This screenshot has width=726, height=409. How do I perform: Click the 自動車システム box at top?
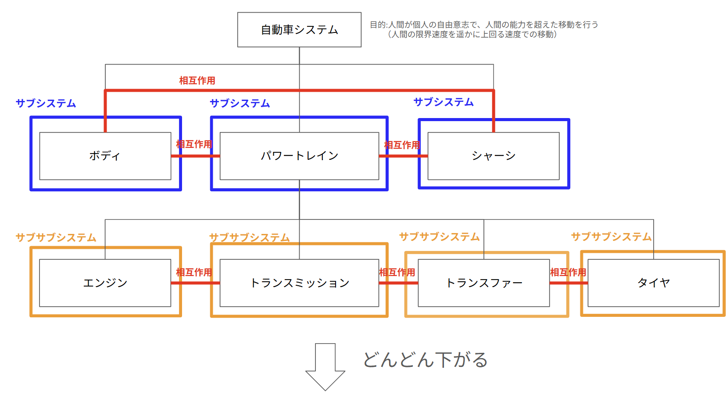(x=299, y=30)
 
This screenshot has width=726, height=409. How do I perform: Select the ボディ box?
(x=105, y=156)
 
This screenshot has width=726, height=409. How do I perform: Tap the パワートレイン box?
(x=299, y=156)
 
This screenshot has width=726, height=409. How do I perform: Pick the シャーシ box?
(x=494, y=156)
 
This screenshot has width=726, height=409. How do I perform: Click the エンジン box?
(x=105, y=283)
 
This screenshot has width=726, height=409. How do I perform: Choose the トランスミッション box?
(x=299, y=283)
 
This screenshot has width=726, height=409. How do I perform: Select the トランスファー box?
(x=484, y=283)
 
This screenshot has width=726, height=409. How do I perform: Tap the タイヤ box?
(x=654, y=283)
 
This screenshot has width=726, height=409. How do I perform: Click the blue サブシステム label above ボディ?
(x=46, y=103)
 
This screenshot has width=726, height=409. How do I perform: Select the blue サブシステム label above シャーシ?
(x=443, y=102)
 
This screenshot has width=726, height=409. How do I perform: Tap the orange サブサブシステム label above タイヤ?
(x=611, y=237)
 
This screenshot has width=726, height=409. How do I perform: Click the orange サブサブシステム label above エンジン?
(x=56, y=237)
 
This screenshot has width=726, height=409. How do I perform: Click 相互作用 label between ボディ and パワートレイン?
(x=194, y=144)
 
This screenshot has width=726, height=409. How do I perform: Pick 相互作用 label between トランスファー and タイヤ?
(x=568, y=272)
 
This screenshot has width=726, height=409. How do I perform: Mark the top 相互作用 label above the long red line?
(x=197, y=80)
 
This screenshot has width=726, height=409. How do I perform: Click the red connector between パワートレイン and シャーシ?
(x=403, y=156)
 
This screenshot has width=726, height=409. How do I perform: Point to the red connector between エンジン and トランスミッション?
(x=195, y=283)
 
